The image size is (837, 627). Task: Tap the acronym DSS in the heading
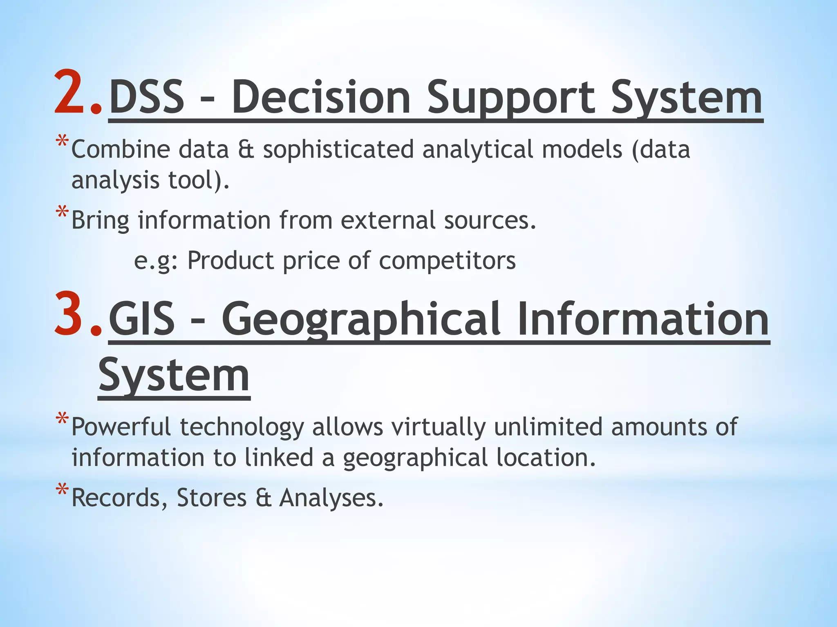point(147,98)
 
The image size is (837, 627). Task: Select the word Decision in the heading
point(321,98)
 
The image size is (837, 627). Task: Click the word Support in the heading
point(510,98)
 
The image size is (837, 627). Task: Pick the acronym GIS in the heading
point(142,319)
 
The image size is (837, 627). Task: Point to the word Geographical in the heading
point(361,319)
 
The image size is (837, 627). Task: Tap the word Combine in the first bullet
point(121,149)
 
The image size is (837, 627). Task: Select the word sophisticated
point(338,149)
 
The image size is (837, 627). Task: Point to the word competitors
point(447,261)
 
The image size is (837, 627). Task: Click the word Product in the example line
point(231,261)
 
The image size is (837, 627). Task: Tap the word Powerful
point(121,427)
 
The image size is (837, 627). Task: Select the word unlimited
point(548,427)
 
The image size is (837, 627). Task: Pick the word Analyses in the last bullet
point(331,498)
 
